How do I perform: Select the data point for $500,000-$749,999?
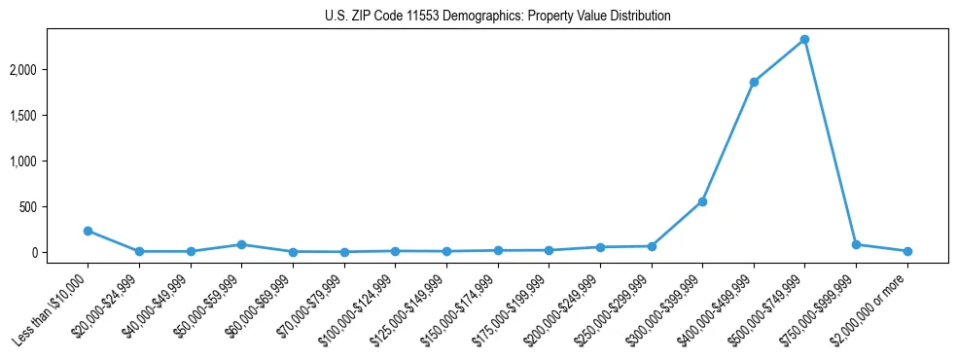pos(804,40)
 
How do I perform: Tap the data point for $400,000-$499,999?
pos(754,82)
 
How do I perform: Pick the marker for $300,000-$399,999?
pos(702,201)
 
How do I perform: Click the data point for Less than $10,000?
pos(88,231)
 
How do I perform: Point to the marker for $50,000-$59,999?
pos(241,244)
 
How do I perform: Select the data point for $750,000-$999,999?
pos(856,244)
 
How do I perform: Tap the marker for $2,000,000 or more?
pos(907,251)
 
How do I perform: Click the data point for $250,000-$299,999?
pos(652,246)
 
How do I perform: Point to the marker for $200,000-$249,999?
pos(600,247)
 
